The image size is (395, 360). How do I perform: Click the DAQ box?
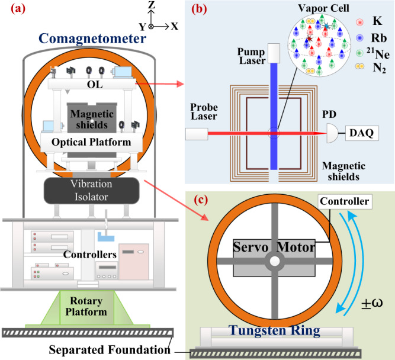click(362, 133)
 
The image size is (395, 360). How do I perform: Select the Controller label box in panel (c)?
click(345, 201)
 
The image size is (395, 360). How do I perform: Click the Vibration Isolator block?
click(91, 191)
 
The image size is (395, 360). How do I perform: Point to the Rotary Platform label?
click(86, 306)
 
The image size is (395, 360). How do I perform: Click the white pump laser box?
click(274, 53)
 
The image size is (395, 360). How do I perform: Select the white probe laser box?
click(197, 134)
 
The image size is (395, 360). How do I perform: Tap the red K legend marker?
click(359, 22)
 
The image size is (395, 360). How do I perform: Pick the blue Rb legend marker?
click(359, 38)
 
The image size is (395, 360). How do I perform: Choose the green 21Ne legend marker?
click(359, 53)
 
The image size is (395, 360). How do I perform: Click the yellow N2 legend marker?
click(359, 66)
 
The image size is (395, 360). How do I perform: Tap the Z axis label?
click(152, 5)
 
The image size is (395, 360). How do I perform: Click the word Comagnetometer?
click(92, 39)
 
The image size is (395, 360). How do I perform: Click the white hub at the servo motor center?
click(275, 261)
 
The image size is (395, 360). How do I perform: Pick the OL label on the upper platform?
click(95, 85)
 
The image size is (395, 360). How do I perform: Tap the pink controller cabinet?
click(134, 262)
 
